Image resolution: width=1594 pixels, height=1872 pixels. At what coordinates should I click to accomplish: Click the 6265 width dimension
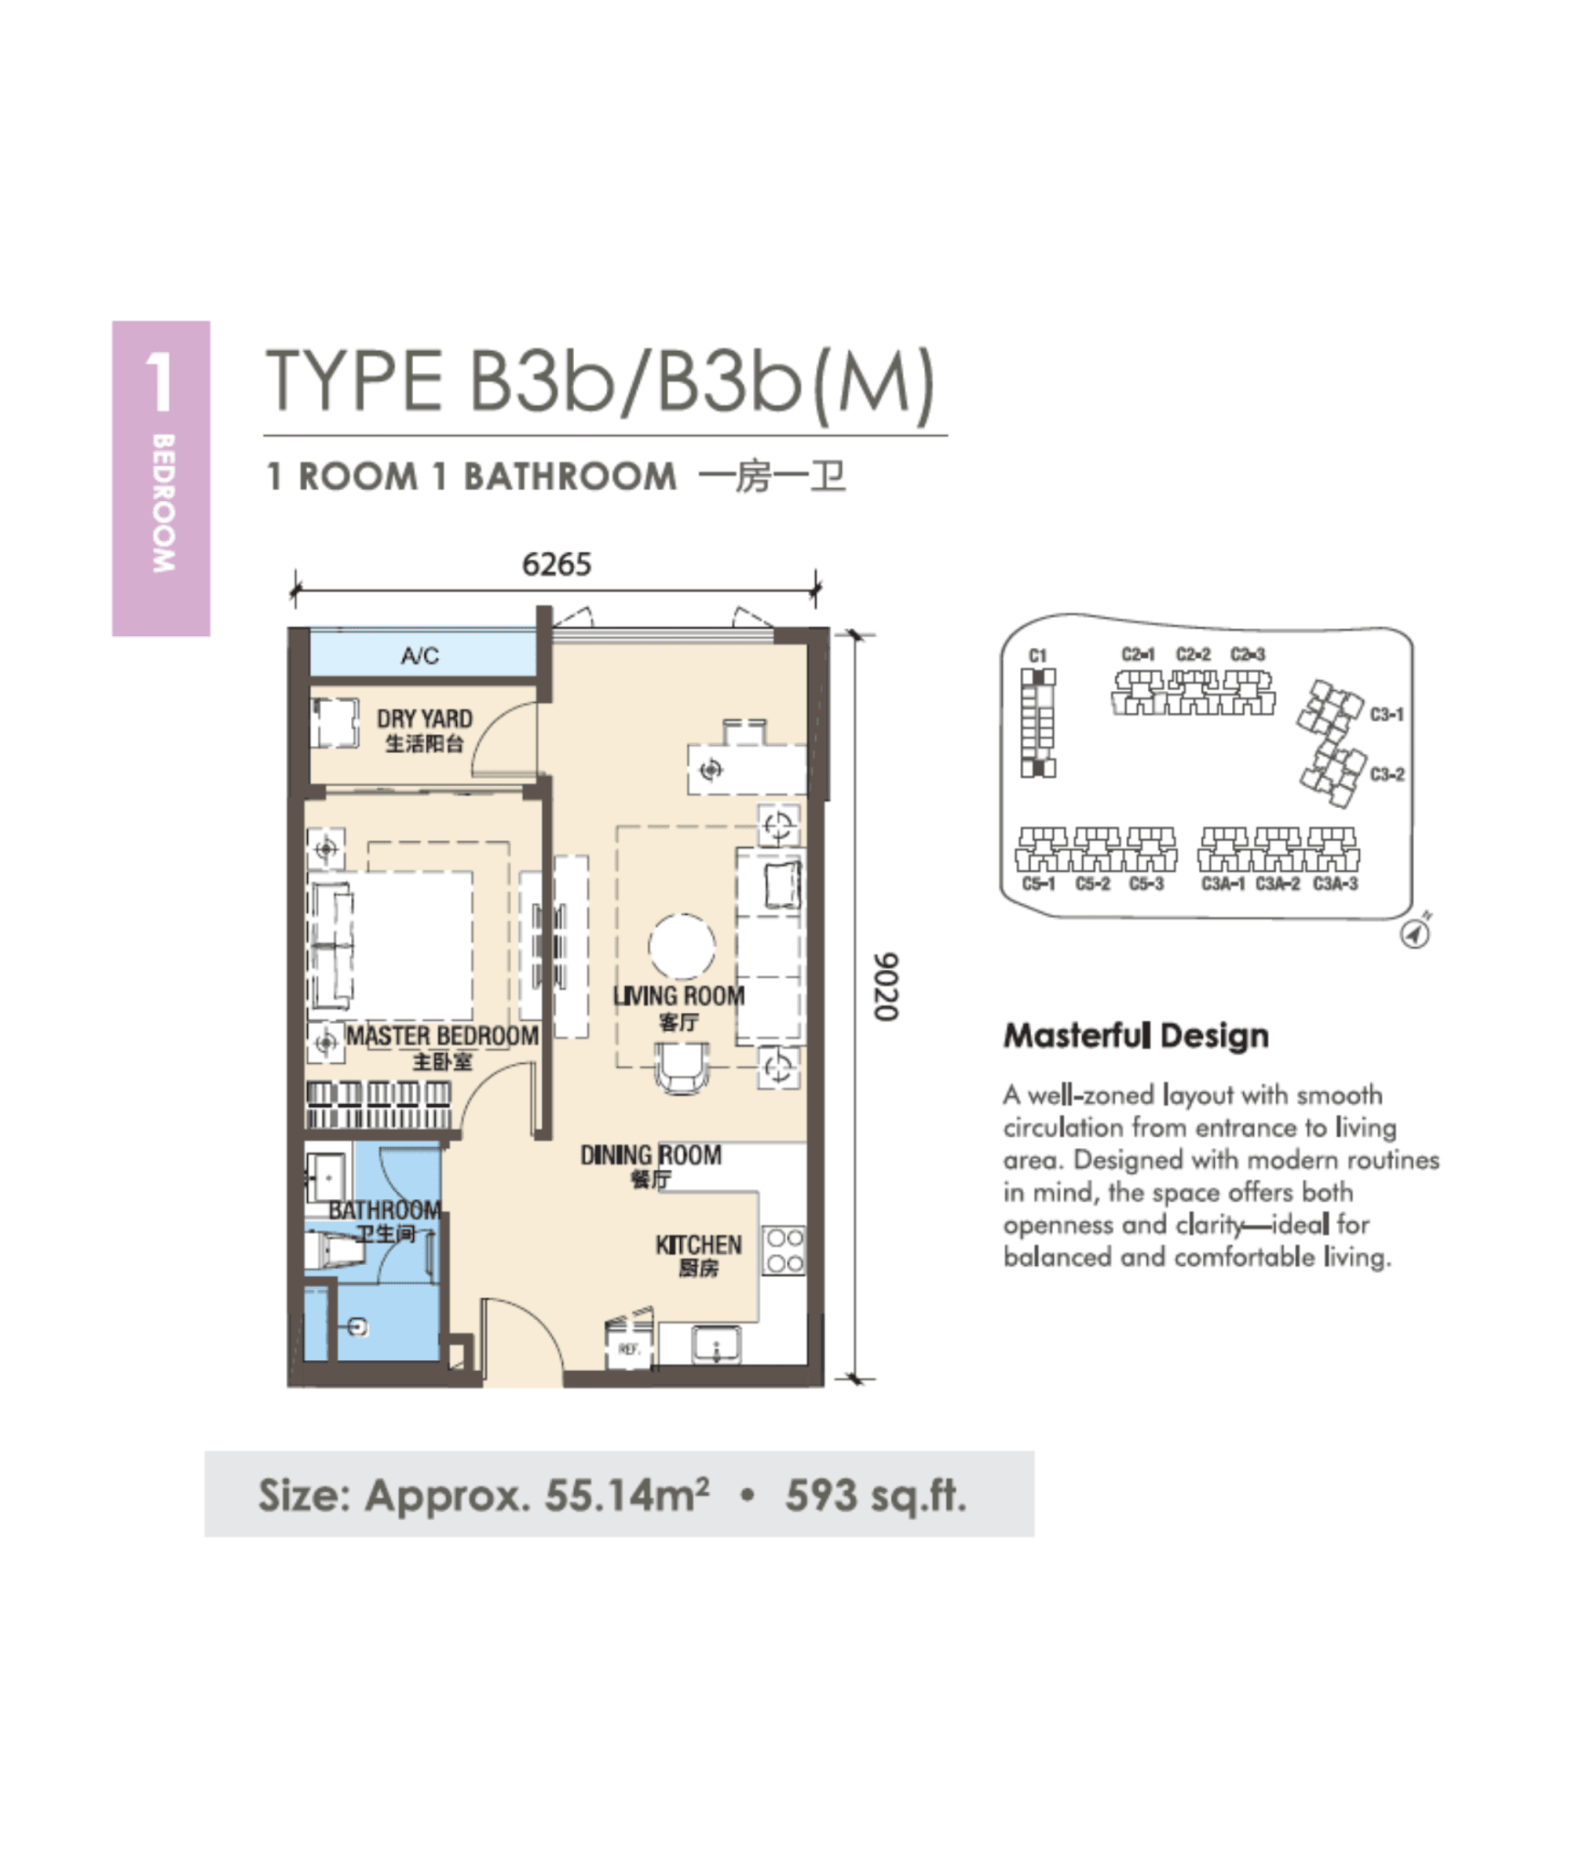[x=556, y=565]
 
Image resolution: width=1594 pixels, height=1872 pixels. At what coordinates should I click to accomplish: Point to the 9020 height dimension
[x=886, y=986]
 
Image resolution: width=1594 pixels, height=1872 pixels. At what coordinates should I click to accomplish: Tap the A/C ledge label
[x=420, y=655]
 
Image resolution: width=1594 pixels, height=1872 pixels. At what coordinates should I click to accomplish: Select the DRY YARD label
[x=424, y=719]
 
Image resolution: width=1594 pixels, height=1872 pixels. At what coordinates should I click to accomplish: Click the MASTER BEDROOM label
[x=441, y=1037]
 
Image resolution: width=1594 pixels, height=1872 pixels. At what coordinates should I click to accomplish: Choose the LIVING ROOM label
[x=678, y=996]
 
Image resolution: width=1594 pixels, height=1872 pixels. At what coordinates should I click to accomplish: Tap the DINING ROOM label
[x=651, y=1155]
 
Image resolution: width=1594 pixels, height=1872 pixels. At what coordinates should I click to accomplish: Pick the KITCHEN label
[x=698, y=1245]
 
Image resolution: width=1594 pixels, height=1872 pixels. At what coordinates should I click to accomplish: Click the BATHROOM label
[x=384, y=1210]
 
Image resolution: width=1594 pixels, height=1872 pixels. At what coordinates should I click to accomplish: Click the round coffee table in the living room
[x=682, y=947]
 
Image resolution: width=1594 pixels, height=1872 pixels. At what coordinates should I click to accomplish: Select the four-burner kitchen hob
[x=784, y=1250]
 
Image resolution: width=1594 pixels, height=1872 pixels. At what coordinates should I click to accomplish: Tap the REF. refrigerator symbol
[x=629, y=1348]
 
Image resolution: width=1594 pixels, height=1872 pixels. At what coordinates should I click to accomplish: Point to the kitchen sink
[x=717, y=1345]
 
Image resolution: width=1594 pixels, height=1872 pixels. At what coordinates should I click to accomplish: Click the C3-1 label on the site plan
[x=1387, y=714]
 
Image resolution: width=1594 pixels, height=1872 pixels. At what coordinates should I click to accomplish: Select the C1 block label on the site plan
[x=1037, y=655]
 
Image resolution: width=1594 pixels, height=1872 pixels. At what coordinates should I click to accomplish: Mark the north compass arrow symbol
[x=1416, y=933]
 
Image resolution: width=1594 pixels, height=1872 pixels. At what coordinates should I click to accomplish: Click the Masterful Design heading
[x=1136, y=1036]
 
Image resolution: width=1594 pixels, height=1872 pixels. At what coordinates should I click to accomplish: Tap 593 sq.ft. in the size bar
[x=875, y=1496]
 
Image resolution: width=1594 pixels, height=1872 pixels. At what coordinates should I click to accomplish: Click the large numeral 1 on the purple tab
[x=160, y=382]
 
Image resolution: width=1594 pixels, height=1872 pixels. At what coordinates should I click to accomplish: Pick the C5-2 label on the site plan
[x=1093, y=884]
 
